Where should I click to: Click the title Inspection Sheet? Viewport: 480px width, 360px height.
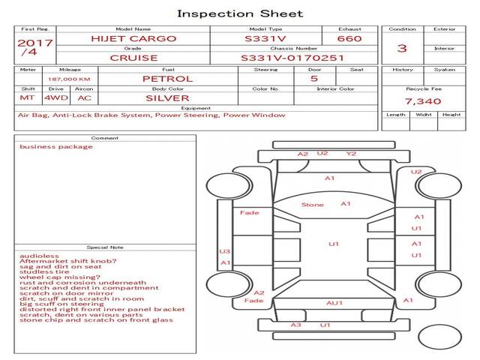pyautogui.click(x=240, y=14)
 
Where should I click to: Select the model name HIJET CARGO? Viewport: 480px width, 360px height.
pyautogui.click(x=133, y=39)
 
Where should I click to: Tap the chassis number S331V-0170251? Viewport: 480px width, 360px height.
pyautogui.click(x=292, y=58)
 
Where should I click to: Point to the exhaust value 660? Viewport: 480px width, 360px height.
pyautogui.click(x=349, y=39)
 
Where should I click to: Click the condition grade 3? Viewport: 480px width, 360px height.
pyautogui.click(x=402, y=48)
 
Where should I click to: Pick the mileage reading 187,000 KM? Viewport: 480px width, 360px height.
pyautogui.click(x=69, y=79)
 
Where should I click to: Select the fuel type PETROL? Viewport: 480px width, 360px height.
pyautogui.click(x=168, y=79)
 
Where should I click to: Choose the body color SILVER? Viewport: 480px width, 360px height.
pyautogui.click(x=167, y=98)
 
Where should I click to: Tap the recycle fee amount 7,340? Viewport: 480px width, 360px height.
pyautogui.click(x=423, y=101)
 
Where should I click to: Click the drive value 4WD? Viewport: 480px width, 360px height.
pyautogui.click(x=56, y=98)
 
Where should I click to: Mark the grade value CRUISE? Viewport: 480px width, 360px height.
pyautogui.click(x=133, y=58)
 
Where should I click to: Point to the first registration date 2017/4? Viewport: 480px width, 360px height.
pyautogui.click(x=34, y=47)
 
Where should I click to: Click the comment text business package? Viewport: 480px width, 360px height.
pyautogui.click(x=56, y=147)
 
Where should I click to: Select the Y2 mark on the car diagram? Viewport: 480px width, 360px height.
pyautogui.click(x=351, y=154)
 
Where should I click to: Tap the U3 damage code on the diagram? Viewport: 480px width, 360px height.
pyautogui.click(x=224, y=251)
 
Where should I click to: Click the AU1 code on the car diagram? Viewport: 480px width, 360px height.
pyautogui.click(x=334, y=303)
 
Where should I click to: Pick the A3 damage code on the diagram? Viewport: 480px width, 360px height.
pyautogui.click(x=295, y=325)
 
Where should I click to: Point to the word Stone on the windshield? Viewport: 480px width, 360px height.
pyautogui.click(x=312, y=205)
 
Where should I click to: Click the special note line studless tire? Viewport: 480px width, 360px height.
pyautogui.click(x=44, y=271)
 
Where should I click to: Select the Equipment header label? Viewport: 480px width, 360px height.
pyautogui.click(x=196, y=108)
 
